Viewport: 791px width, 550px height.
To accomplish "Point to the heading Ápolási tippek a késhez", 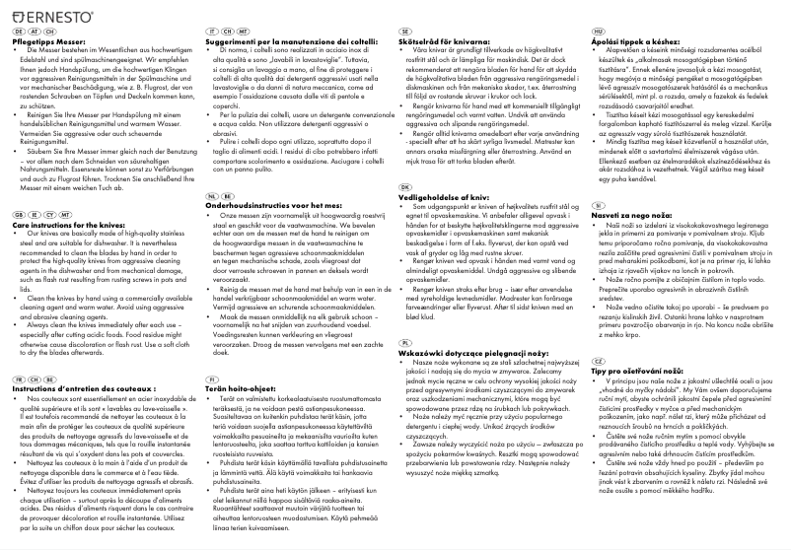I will (629, 44).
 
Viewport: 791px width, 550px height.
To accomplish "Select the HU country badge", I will (598, 33).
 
